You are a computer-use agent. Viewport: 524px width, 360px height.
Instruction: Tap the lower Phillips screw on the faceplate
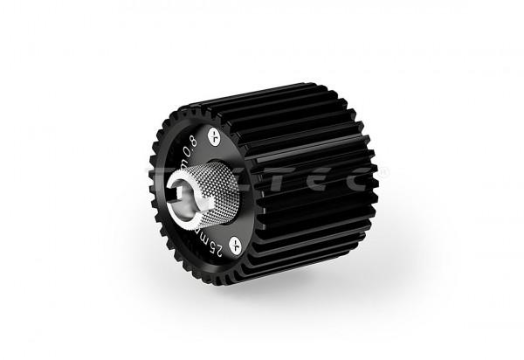pos(234,243)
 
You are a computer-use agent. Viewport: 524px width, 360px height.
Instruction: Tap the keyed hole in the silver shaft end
pos(188,191)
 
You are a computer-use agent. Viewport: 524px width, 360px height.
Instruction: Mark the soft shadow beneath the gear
pos(288,288)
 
